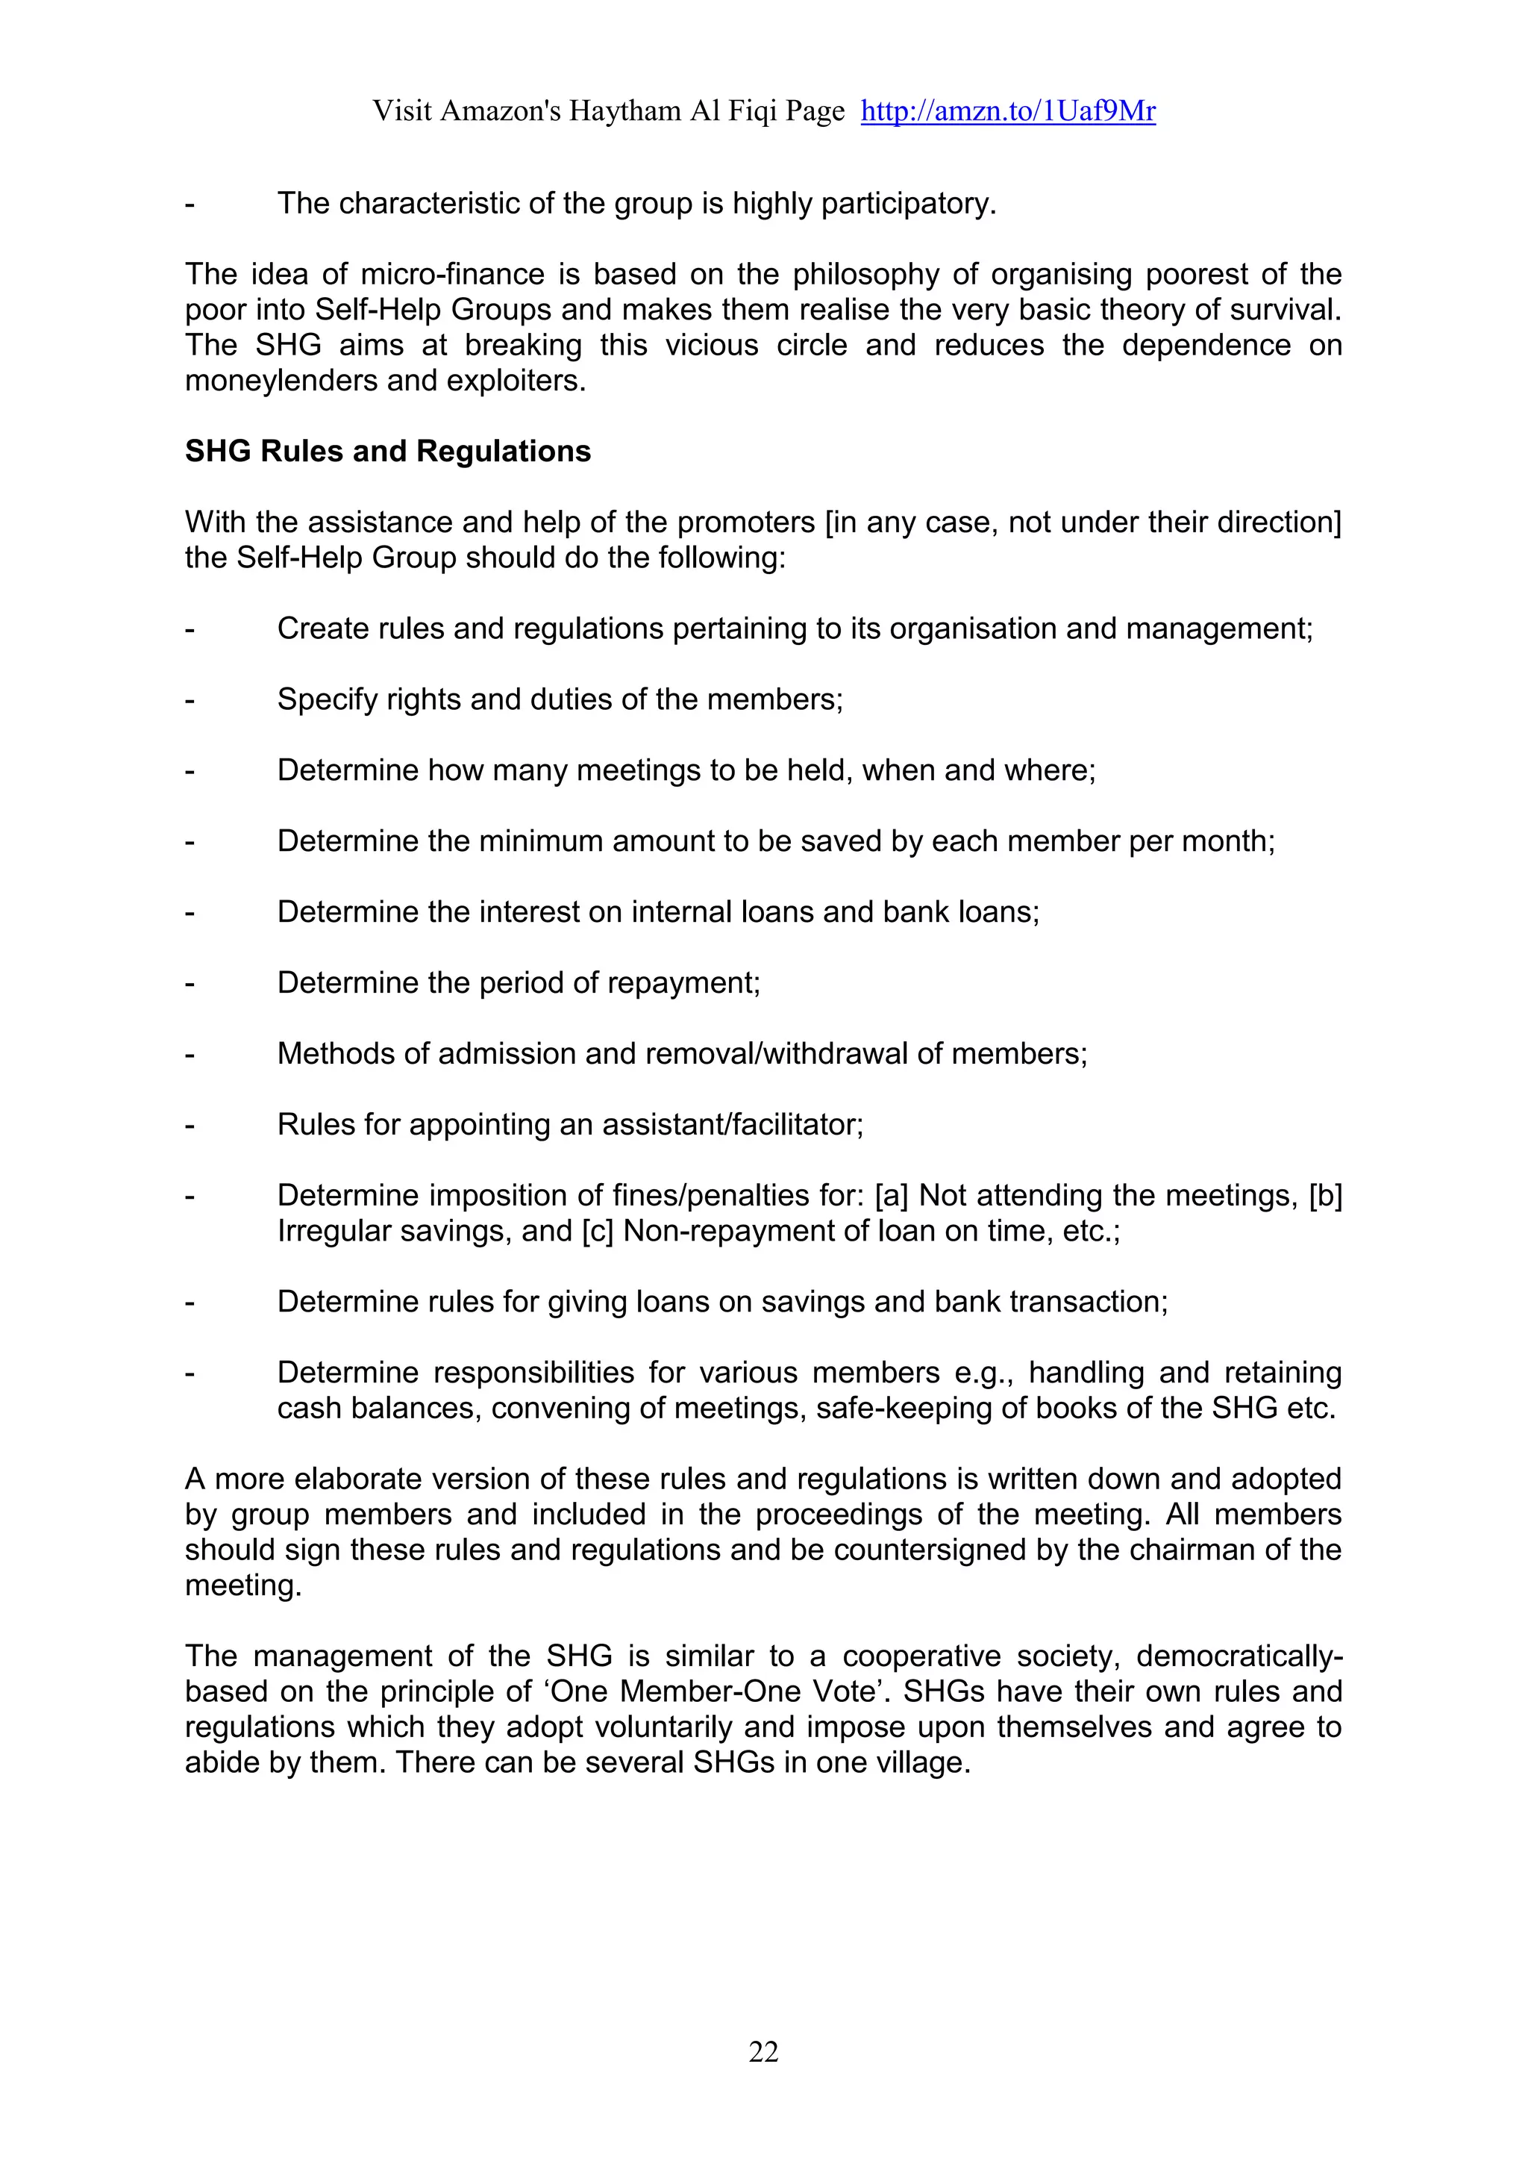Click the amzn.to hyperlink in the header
point(1008,111)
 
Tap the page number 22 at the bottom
point(763,2051)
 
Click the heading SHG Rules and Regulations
point(388,452)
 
